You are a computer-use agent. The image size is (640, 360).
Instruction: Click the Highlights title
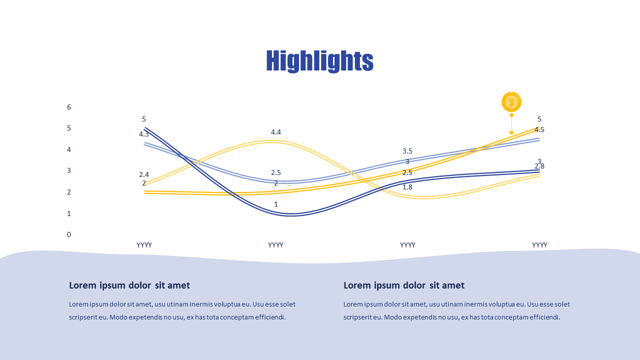(x=319, y=61)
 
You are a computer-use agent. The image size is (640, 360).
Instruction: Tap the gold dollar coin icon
(x=511, y=102)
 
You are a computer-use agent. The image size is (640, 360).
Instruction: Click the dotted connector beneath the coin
(x=511, y=123)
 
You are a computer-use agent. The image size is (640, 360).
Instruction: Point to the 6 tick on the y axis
(x=69, y=107)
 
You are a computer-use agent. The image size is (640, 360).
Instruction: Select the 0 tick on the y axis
(x=69, y=234)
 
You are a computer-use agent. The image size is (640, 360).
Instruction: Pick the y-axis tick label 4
(x=69, y=149)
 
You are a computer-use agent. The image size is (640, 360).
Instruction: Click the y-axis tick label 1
(x=69, y=213)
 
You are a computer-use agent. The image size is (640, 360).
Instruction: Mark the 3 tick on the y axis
(x=69, y=170)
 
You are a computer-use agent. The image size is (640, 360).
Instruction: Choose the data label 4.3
(x=144, y=134)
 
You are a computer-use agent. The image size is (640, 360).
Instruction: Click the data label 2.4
(x=144, y=174)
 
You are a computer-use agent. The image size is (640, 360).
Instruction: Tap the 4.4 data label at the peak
(x=276, y=132)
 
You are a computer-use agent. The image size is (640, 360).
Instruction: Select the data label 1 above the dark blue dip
(x=276, y=204)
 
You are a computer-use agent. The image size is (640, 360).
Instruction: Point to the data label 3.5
(x=407, y=151)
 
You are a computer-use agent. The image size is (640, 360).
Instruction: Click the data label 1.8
(x=407, y=187)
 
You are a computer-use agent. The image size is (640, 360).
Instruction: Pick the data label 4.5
(x=539, y=129)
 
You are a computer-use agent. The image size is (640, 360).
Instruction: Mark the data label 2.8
(x=539, y=166)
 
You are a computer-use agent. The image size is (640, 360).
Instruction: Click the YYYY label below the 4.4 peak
(x=276, y=245)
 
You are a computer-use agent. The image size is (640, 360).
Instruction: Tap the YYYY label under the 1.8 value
(x=407, y=245)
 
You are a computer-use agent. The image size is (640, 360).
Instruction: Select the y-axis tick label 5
(x=69, y=128)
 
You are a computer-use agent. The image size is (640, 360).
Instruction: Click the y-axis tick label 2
(x=69, y=192)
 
